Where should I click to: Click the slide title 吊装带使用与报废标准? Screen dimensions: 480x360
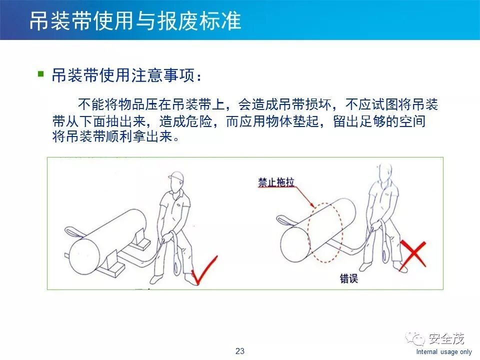tap(135, 21)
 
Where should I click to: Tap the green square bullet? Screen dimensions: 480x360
tap(40, 74)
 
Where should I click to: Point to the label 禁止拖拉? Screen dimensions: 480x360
tap(276, 182)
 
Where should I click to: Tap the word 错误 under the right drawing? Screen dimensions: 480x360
tap(348, 278)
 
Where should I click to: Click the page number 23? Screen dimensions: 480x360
tap(240, 351)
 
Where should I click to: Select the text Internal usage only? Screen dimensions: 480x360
tap(444, 351)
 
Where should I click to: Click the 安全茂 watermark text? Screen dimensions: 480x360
tap(446, 338)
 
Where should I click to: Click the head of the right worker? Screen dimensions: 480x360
tap(384, 173)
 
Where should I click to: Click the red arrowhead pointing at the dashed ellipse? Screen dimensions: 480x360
tap(312, 205)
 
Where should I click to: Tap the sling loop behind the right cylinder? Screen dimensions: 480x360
tap(284, 219)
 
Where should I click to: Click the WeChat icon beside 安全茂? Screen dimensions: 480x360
tap(415, 338)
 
